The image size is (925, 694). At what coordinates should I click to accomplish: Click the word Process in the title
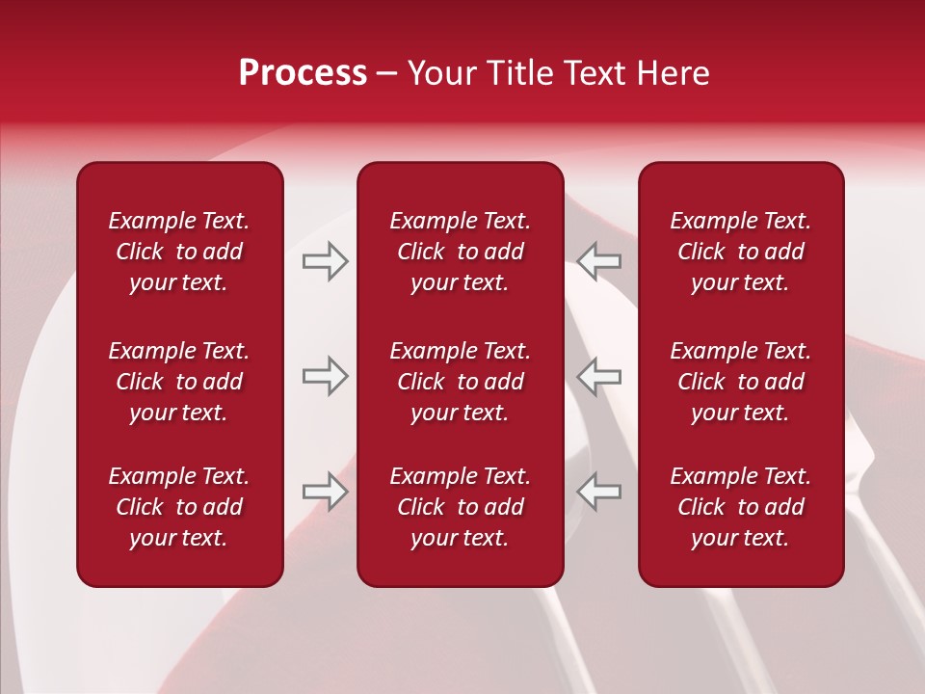coord(303,73)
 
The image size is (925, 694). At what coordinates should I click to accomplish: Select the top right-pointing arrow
coord(325,261)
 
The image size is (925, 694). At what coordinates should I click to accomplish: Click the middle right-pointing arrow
coord(325,375)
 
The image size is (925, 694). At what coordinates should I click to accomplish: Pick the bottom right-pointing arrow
coord(325,493)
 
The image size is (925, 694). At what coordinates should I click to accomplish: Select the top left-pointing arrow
coord(599,261)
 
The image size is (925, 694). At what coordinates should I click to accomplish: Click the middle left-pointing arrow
coord(599,375)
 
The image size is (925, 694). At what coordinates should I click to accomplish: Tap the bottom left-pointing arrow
coord(599,493)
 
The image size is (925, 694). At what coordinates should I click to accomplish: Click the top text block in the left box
coord(179,252)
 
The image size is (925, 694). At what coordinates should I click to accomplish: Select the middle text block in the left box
coord(179,382)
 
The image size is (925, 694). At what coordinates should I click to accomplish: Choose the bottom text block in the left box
coord(179,507)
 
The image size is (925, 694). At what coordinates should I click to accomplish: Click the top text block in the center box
coord(460,252)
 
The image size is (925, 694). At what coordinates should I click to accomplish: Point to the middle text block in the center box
coord(460,382)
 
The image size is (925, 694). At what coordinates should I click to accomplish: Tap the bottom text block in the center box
coord(460,507)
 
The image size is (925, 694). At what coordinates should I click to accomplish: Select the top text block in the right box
coord(740,252)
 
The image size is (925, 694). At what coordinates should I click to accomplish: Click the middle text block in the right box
coord(740,382)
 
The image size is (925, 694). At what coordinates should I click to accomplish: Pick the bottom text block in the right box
coord(740,507)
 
